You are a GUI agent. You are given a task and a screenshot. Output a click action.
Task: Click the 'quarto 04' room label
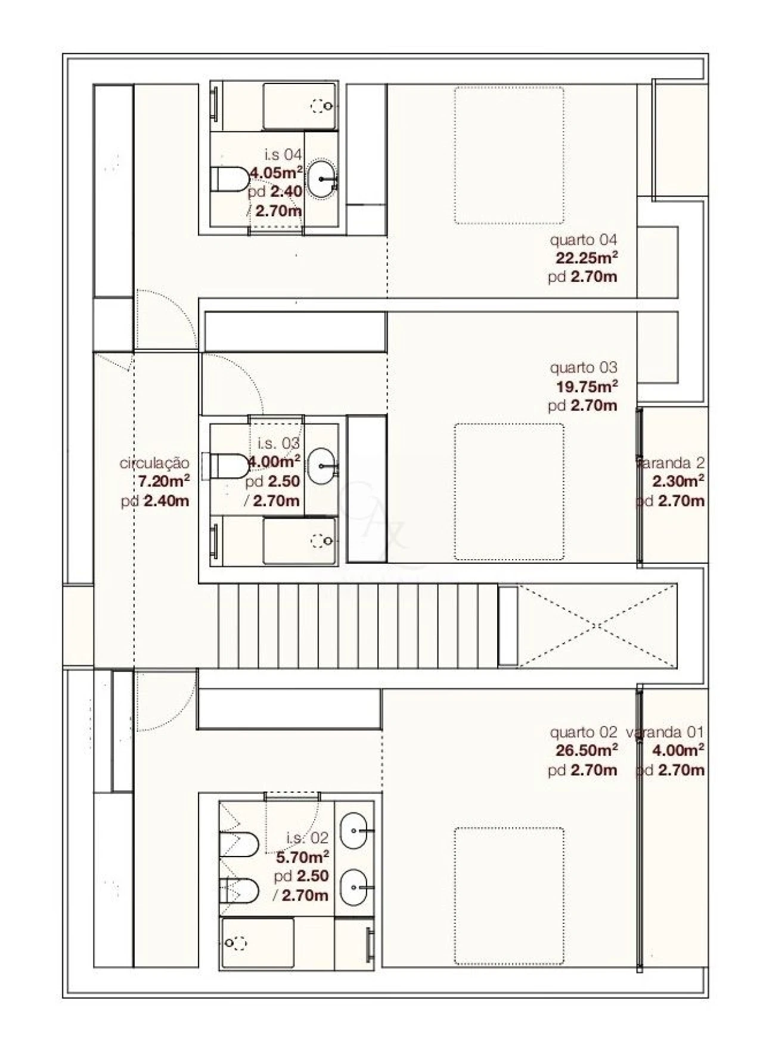point(583,240)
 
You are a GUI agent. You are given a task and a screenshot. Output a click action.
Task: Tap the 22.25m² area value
point(587,258)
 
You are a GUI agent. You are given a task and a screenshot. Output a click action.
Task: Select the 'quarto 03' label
point(583,368)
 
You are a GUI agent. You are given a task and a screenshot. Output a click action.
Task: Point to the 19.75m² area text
point(587,386)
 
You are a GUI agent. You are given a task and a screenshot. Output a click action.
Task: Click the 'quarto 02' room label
point(583,732)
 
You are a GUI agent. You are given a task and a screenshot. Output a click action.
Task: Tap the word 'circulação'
point(154,463)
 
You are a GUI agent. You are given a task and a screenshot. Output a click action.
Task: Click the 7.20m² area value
point(165,481)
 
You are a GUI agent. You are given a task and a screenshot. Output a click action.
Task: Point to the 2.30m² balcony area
point(679,481)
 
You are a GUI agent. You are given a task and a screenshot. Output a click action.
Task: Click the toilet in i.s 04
point(230,179)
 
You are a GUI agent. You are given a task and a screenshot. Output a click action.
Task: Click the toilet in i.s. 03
point(227,465)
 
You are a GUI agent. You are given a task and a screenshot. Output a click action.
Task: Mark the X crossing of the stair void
point(596,626)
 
